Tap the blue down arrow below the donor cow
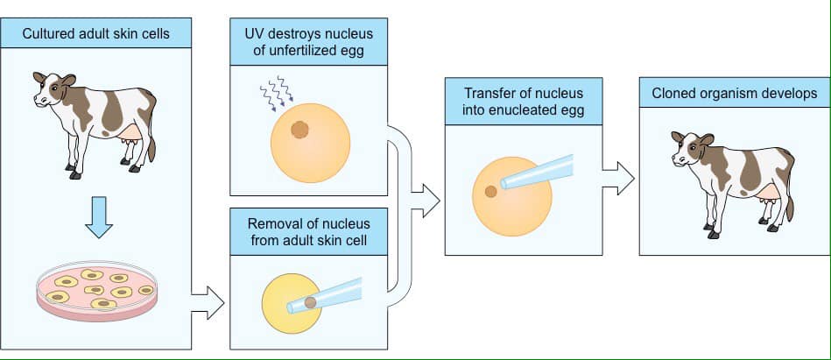99,218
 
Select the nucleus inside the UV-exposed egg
300,131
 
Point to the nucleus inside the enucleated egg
491,191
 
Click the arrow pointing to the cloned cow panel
619,178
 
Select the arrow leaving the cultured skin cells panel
208,303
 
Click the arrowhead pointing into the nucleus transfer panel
430,199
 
